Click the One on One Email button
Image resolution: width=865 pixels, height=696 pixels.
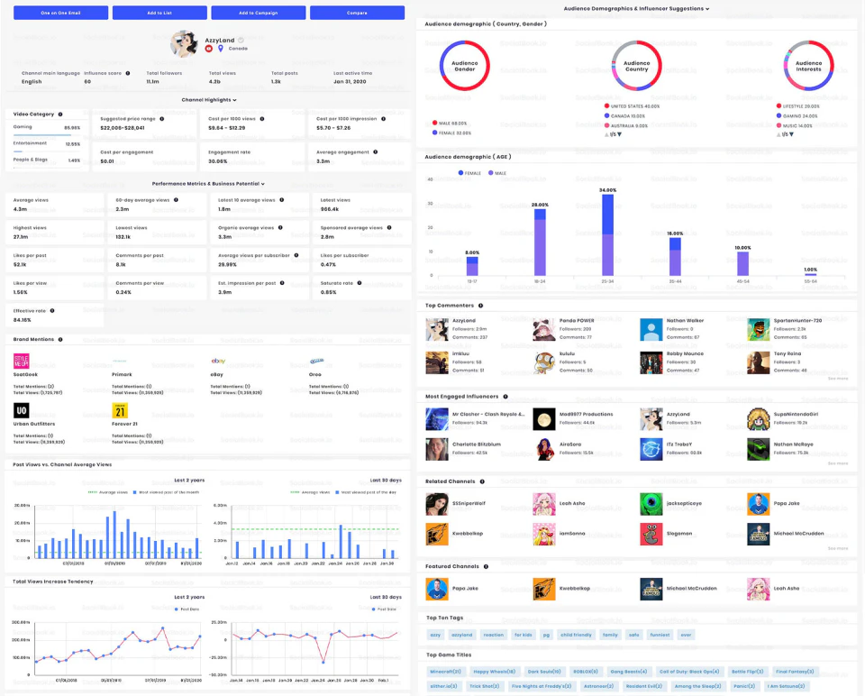coord(60,13)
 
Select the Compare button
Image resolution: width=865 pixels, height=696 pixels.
coord(357,13)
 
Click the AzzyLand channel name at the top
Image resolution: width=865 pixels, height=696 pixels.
coord(220,41)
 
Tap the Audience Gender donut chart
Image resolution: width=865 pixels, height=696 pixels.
coord(464,66)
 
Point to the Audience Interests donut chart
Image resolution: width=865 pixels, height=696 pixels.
coord(808,66)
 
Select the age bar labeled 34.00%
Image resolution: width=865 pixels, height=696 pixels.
coord(607,234)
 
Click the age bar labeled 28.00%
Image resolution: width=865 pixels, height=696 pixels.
coord(540,243)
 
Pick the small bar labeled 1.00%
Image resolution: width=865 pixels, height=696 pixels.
coord(810,274)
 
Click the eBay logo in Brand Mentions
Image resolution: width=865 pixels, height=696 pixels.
coord(217,361)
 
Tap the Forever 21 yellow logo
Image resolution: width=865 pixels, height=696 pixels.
coord(121,410)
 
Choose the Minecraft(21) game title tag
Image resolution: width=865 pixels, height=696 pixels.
coord(445,671)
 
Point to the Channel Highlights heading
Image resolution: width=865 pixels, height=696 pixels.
coord(208,100)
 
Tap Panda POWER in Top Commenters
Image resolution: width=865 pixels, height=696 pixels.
coord(578,320)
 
